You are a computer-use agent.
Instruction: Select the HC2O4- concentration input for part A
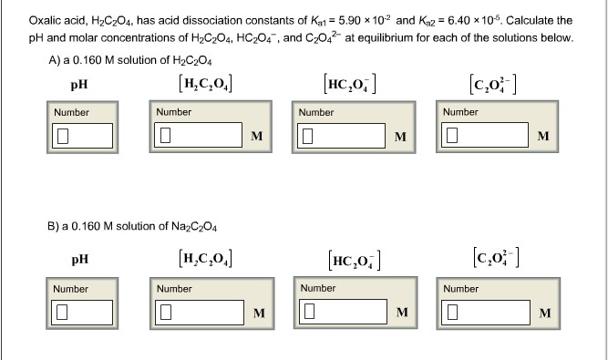(x=339, y=137)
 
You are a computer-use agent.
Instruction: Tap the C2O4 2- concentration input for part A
(x=482, y=137)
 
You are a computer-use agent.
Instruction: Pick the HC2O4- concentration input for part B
(x=339, y=314)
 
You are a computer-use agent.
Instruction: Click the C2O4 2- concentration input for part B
(x=482, y=314)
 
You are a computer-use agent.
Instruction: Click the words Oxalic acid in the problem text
(x=54, y=19)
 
